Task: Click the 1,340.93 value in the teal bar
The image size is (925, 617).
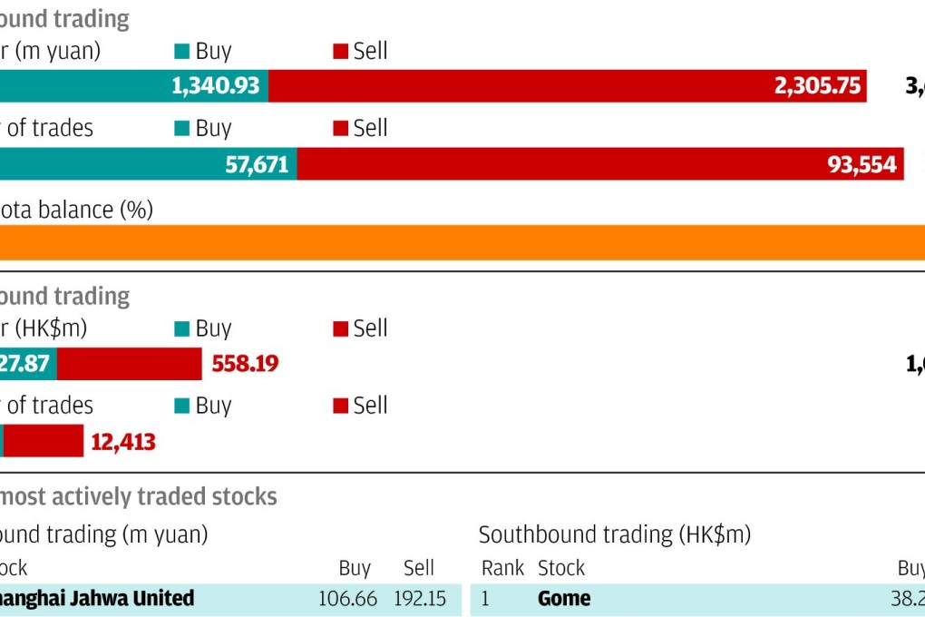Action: pos(215,86)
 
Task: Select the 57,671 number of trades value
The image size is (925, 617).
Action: pos(257,164)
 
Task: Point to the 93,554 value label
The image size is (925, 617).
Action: pos(862,164)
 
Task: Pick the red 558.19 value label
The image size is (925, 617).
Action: pos(245,364)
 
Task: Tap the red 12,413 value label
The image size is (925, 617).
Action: pos(122,442)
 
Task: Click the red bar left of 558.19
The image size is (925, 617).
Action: pos(129,364)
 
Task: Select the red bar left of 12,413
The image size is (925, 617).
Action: pos(44,442)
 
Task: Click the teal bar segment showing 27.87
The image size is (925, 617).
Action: pos(27,364)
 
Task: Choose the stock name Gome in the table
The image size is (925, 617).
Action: pos(564,599)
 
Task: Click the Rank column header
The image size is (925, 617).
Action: pos(502,568)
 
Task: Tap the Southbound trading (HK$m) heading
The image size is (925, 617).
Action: pos(614,534)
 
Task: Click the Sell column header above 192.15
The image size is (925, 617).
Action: pos(418,568)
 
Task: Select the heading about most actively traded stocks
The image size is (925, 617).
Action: pos(138,496)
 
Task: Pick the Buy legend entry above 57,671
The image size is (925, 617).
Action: pos(203,128)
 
